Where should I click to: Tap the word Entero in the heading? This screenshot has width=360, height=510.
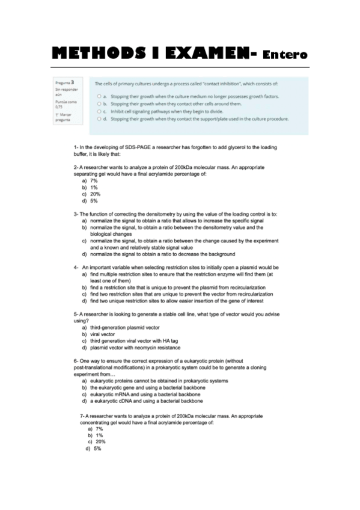click(285, 56)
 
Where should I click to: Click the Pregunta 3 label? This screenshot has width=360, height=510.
click(65, 82)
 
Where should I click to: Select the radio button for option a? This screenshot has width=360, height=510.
click(98, 96)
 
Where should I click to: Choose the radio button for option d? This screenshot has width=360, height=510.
click(98, 119)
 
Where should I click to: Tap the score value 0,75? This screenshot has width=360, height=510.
click(59, 106)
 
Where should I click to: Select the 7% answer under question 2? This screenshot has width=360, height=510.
click(94, 180)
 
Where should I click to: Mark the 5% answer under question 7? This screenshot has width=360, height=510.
click(97, 449)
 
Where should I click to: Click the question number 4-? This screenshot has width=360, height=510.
click(76, 267)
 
